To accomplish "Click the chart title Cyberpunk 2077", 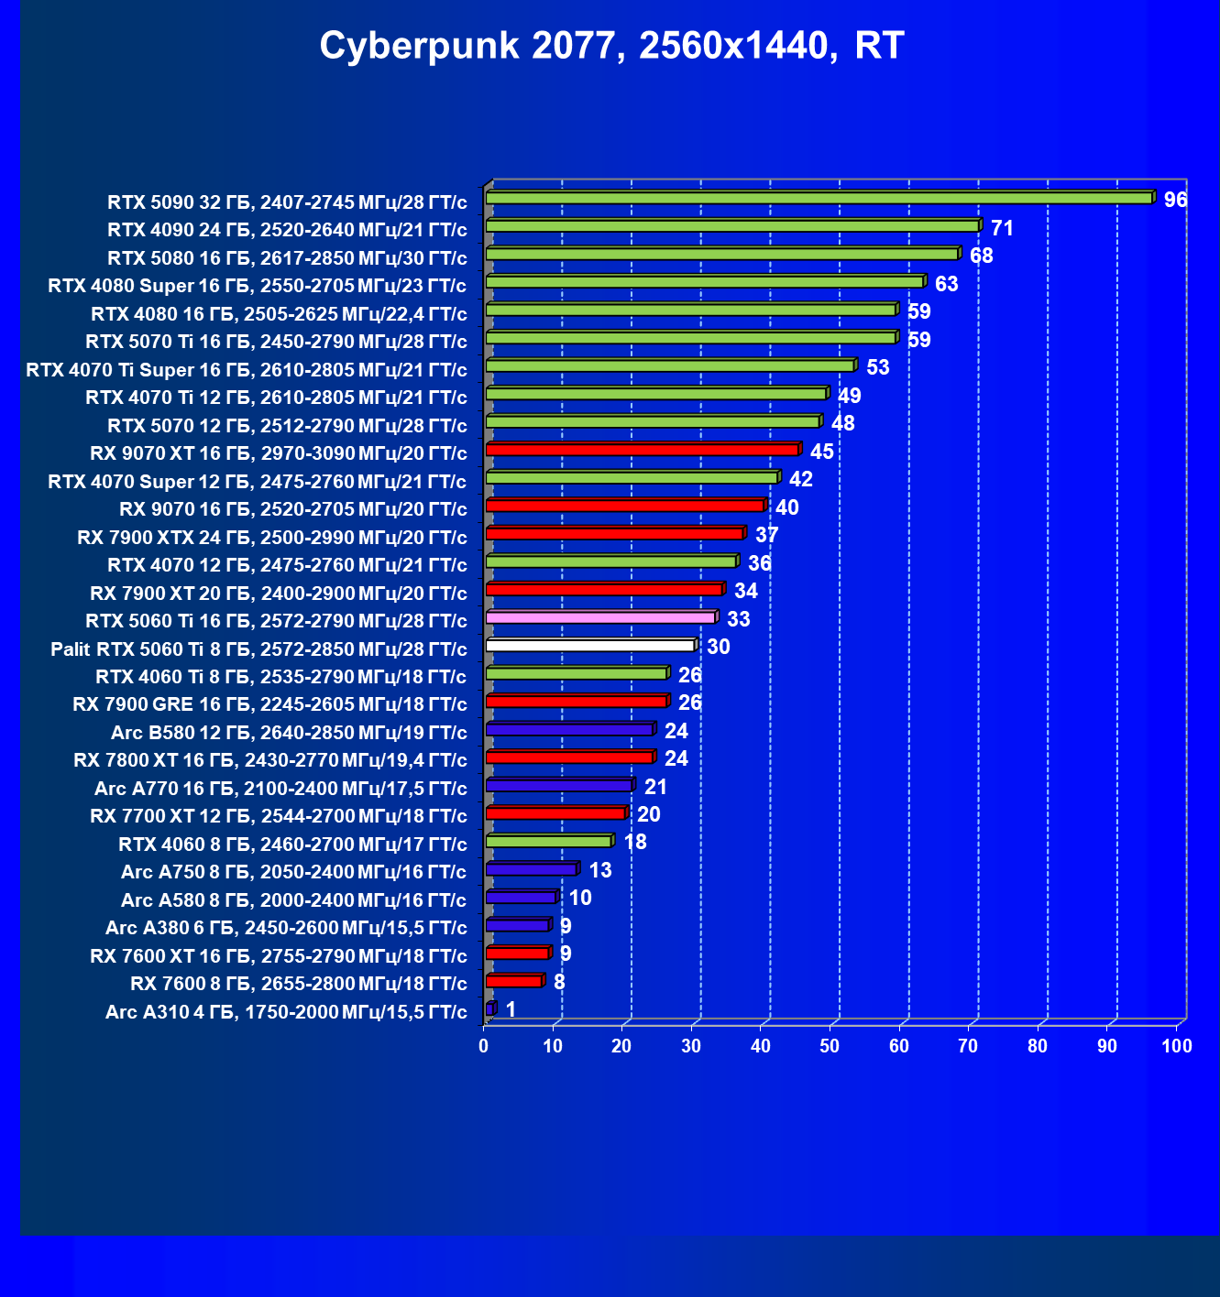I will pos(611,46).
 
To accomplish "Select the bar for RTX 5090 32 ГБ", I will pos(819,198).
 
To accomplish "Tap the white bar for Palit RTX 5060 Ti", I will pos(589,646).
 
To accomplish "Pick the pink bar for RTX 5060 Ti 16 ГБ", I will pos(600,617).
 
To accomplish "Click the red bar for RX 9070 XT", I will pos(642,450).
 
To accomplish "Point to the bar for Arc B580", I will pos(569,729).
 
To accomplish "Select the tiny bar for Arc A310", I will pos(489,1009).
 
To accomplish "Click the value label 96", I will pos(1175,200).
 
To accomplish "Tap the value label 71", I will pos(1002,228).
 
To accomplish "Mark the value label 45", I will pos(822,452).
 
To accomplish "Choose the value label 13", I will pos(600,870).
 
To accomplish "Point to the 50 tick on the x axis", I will pos(830,1046).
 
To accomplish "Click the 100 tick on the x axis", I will pos(1177,1046).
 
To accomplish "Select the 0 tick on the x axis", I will pos(484,1046).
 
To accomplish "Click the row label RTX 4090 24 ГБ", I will pos(287,229).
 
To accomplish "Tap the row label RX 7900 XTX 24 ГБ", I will pos(272,537).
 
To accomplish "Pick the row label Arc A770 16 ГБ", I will pos(280,789).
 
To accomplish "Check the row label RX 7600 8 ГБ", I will pos(299,984).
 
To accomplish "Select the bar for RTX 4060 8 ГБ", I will pos(548,841).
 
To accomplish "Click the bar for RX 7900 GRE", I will pos(576,702).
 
